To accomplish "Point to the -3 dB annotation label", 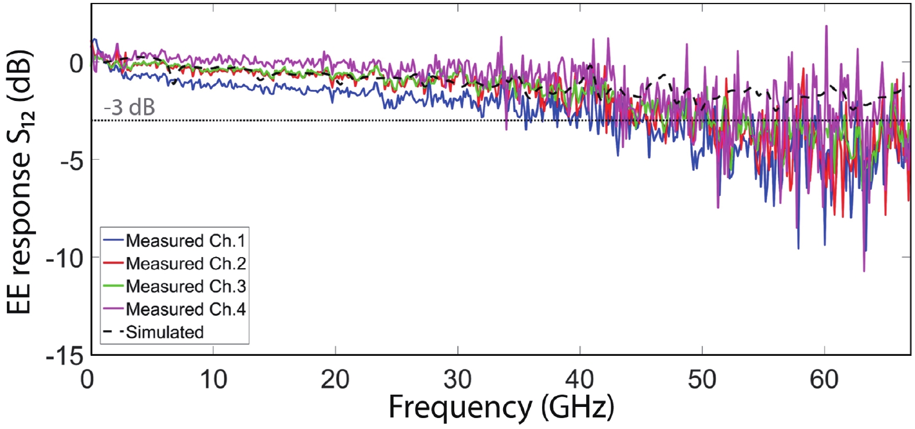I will pos(129,107).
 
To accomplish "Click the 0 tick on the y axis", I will pos(76,63).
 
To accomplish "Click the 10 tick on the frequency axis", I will pos(213,380).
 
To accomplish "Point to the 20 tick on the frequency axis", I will pos(335,380).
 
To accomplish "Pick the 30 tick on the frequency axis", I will pos(458,380).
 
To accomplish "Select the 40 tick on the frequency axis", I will pos(580,380).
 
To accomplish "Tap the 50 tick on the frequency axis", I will pos(702,380).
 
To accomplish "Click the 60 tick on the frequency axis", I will pos(824,380).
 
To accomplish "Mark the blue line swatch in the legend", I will pos(113,240).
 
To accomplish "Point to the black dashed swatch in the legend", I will pos(113,332).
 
